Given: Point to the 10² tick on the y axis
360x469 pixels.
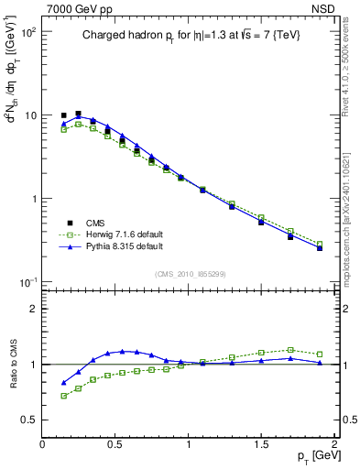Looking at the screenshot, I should (27, 32).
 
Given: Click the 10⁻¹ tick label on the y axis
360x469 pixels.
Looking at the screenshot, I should (27, 281).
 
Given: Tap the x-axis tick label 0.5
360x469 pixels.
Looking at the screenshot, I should (115, 443).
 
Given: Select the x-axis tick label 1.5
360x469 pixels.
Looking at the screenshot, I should (261, 443).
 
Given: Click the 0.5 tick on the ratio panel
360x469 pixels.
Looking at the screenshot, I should (28, 420).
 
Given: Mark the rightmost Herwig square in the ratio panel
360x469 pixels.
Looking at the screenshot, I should (320, 354).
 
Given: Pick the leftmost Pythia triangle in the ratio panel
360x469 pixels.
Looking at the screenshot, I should (64, 383).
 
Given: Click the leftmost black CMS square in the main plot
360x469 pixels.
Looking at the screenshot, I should (64, 115).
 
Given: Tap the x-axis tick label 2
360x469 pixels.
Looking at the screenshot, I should (334, 443).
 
